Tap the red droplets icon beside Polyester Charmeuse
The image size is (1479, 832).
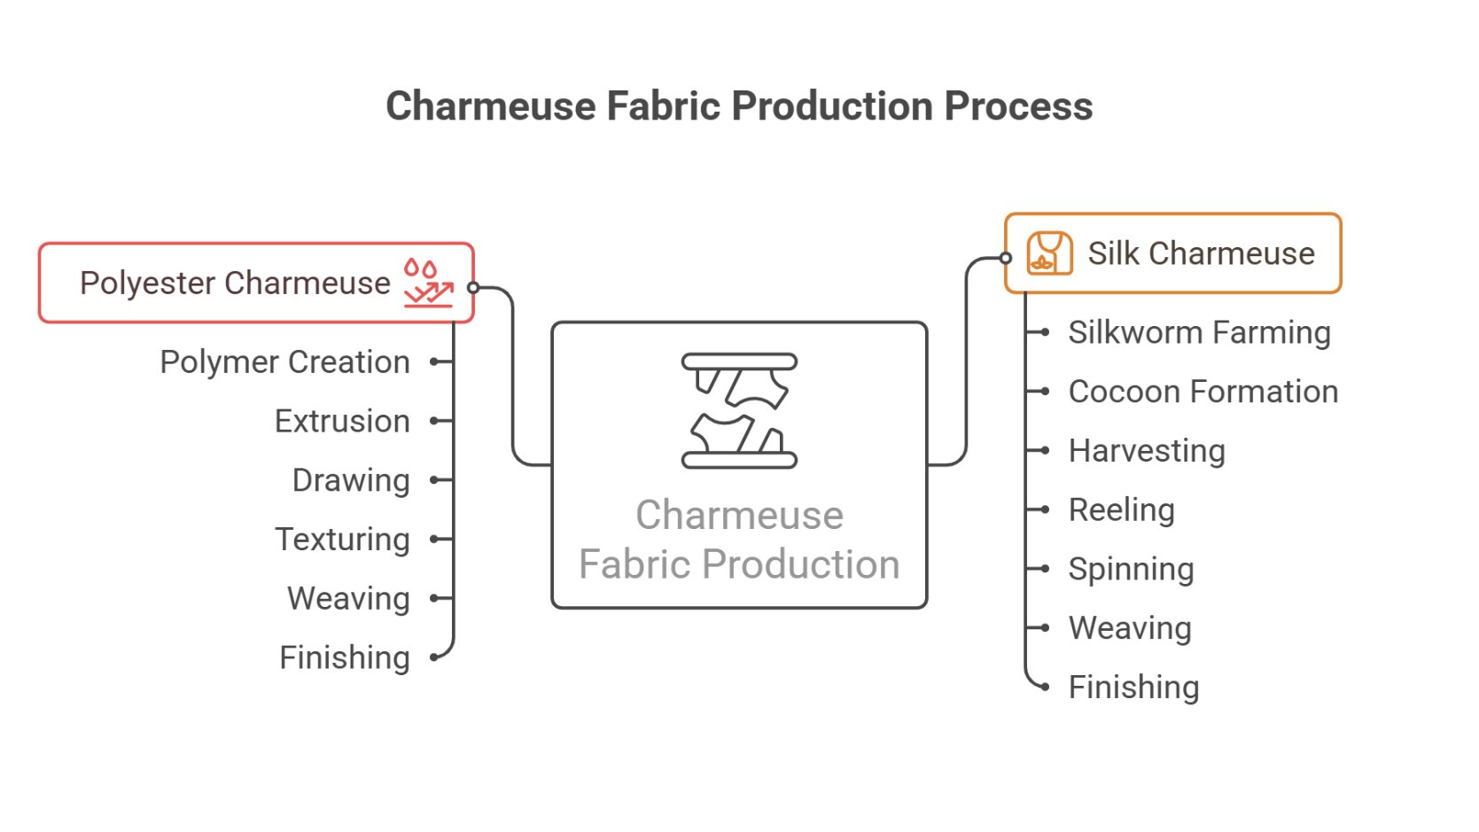[428, 283]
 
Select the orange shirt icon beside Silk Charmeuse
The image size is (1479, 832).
[1049, 253]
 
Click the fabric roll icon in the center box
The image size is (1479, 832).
[739, 410]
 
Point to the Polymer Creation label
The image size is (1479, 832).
[284, 362]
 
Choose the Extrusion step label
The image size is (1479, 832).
[342, 422]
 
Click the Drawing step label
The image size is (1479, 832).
[351, 480]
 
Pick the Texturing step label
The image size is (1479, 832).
[342, 540]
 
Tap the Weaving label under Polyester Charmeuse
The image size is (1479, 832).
[348, 599]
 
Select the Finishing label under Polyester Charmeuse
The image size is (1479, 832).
[345, 658]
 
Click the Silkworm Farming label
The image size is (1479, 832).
[1199, 333]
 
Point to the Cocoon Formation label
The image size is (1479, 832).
[1203, 392]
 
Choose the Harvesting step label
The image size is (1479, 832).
[1147, 451]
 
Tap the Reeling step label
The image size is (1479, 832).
[1121, 510]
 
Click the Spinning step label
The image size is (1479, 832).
[1131, 569]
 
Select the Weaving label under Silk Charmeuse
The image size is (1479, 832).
[1130, 628]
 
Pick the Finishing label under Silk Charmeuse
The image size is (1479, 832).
[1133, 688]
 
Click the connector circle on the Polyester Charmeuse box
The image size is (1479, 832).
[473, 288]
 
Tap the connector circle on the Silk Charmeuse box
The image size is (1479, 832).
[1006, 259]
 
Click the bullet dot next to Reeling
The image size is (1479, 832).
[1046, 509]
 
